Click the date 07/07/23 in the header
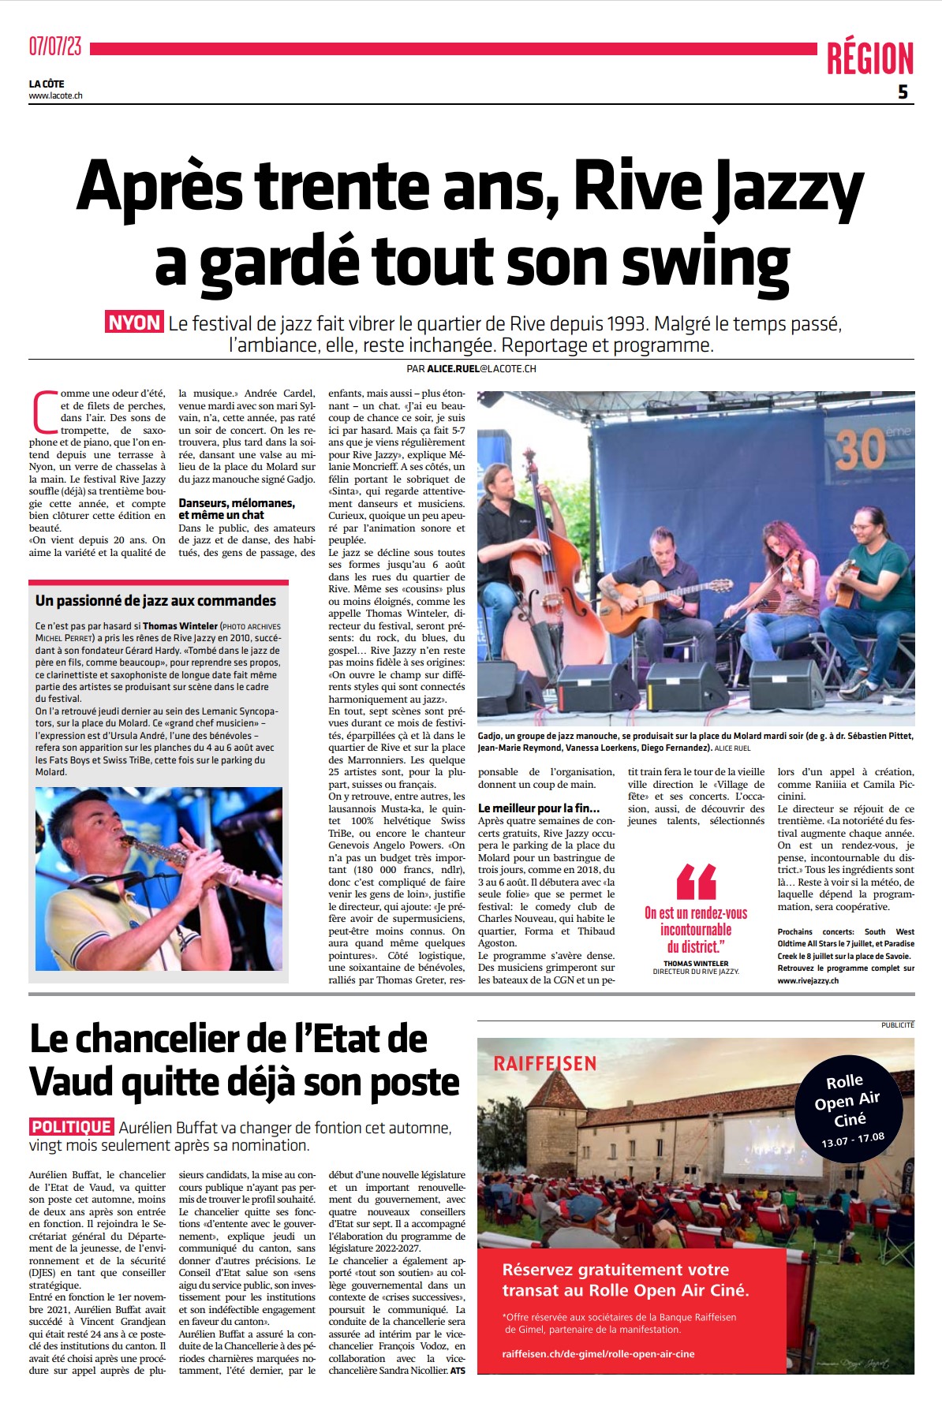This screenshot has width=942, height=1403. (55, 47)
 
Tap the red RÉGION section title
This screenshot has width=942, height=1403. (869, 59)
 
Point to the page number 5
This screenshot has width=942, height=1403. (903, 92)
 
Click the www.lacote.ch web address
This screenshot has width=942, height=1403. (55, 96)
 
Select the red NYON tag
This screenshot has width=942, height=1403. (134, 323)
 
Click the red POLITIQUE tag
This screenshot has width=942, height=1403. (72, 1127)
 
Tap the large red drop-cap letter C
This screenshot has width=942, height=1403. (45, 411)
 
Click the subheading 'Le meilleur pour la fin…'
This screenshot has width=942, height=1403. (538, 808)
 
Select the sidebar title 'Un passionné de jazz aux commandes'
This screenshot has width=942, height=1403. (155, 601)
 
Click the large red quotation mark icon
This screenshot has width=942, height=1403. (696, 881)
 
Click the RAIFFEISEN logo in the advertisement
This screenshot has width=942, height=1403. (545, 1064)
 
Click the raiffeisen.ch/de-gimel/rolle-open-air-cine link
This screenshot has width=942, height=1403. (598, 1354)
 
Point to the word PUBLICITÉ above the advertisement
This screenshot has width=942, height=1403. (897, 1025)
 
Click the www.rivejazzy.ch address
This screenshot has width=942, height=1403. (808, 981)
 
